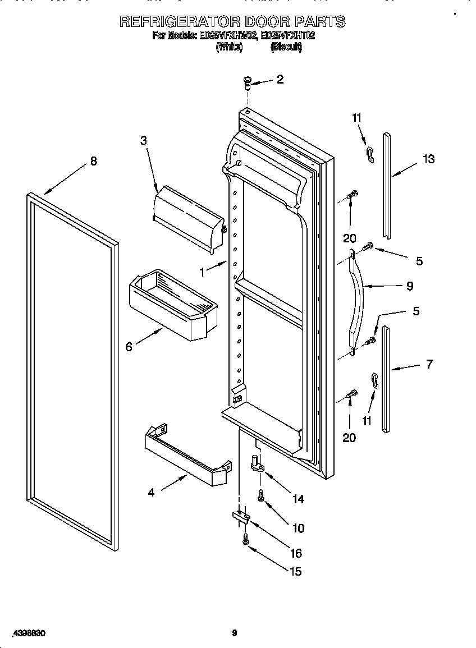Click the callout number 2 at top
(280, 79)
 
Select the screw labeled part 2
(246, 84)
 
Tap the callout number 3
(144, 141)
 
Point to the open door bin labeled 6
(173, 304)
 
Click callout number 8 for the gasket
(93, 161)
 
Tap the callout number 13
(428, 159)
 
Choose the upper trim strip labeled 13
(387, 185)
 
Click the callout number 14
(298, 498)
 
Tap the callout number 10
(298, 528)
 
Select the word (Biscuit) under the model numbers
(286, 48)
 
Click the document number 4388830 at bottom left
(26, 633)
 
